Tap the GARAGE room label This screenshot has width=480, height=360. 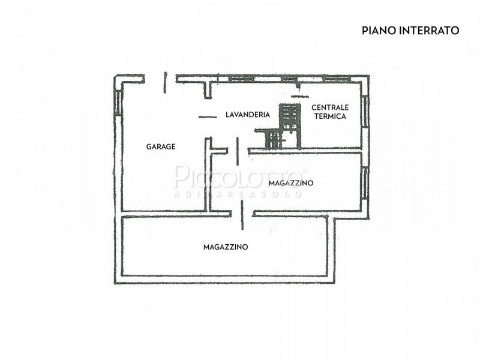(161, 146)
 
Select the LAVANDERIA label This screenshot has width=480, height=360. (248, 114)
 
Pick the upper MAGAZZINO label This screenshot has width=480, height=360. (290, 183)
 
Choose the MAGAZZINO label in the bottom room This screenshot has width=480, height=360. (226, 247)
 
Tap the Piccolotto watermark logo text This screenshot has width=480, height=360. (240, 177)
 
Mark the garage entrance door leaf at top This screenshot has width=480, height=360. (164, 82)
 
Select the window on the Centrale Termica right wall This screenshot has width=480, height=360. (364, 110)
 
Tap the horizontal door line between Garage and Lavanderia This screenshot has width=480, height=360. (207, 117)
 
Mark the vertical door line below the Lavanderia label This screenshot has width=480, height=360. (238, 151)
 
